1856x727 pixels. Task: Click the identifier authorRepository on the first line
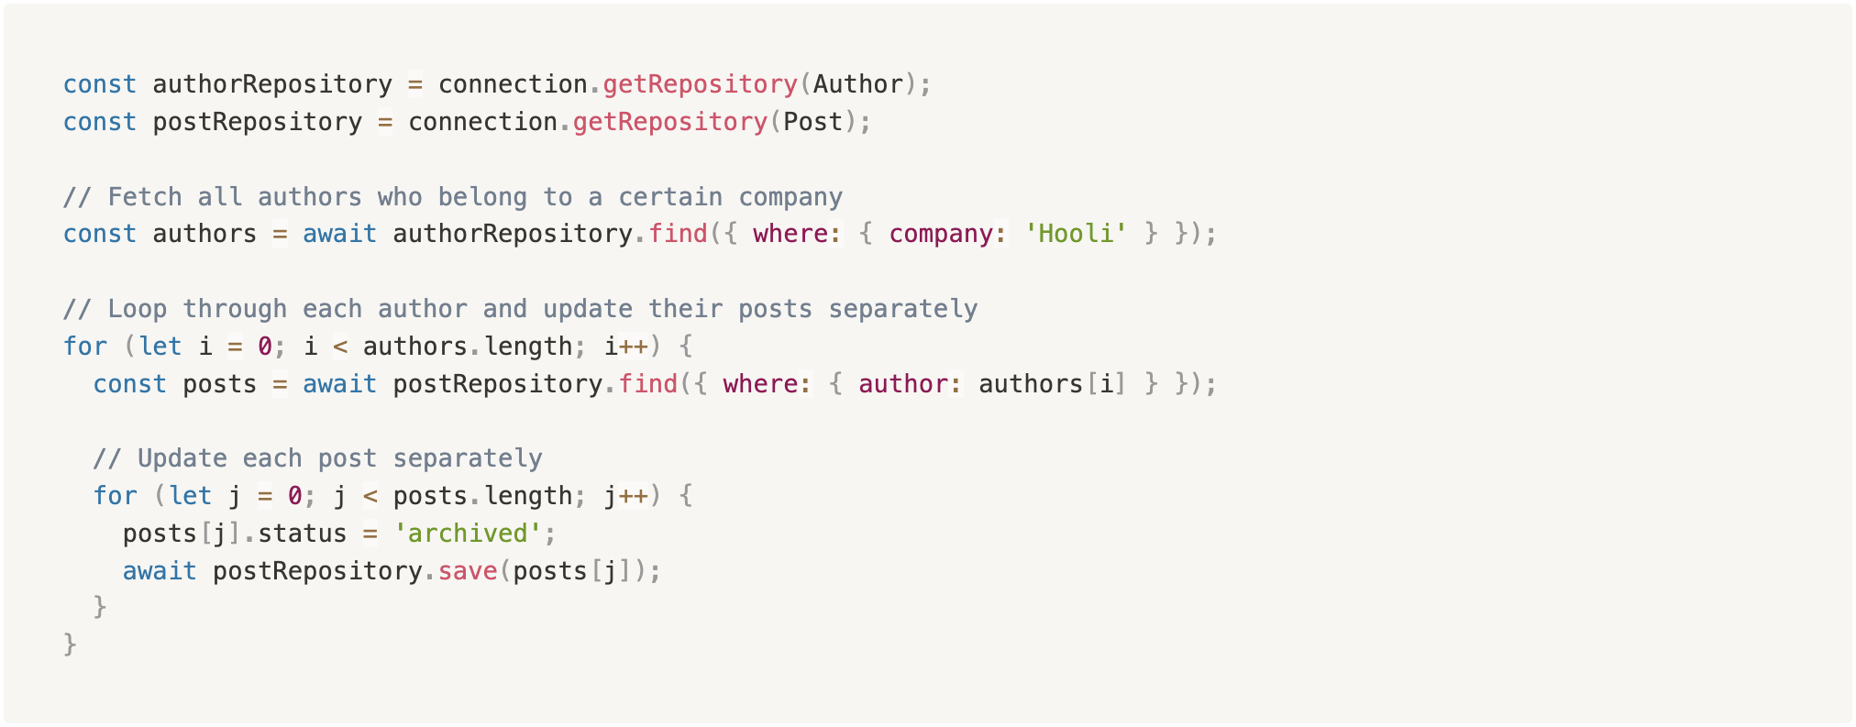tap(272, 84)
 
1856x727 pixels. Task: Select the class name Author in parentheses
tap(858, 84)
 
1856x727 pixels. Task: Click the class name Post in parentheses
tap(813, 122)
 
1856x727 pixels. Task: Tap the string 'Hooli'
tap(1076, 234)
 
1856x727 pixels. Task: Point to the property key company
tap(941, 235)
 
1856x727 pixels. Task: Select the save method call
tap(468, 571)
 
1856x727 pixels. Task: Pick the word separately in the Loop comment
tap(903, 309)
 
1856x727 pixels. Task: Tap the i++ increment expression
tap(626, 347)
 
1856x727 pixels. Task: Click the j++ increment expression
tap(626, 496)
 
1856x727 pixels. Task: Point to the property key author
tap(903, 384)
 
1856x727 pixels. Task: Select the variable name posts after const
tap(220, 384)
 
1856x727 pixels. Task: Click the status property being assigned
tap(303, 534)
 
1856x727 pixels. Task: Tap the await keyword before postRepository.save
tap(160, 571)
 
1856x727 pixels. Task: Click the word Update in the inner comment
tap(182, 458)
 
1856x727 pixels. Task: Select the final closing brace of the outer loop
tap(71, 645)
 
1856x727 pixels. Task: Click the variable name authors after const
tap(204, 234)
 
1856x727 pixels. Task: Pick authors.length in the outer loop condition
tap(468, 347)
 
